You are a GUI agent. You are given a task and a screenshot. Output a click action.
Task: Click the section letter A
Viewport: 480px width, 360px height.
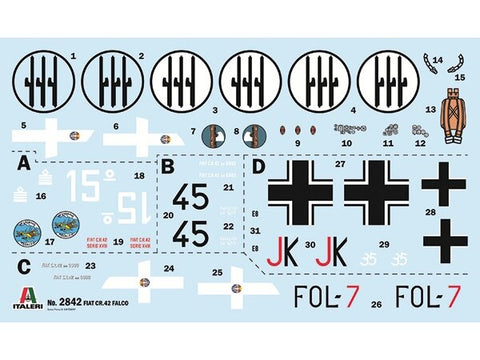23,159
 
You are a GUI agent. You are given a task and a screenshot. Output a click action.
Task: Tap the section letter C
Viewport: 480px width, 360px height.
23,266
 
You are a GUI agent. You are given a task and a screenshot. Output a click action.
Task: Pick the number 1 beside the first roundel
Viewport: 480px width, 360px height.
73,56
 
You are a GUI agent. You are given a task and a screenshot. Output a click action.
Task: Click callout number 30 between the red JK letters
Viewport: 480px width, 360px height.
310,245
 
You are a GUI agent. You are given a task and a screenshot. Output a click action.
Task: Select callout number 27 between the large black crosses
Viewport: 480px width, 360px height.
340,162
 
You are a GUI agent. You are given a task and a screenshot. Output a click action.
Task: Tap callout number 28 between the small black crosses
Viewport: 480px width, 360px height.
431,212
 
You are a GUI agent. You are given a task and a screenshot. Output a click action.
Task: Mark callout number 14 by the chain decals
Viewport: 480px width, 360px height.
427,56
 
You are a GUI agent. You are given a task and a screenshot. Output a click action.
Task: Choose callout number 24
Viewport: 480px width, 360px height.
169,267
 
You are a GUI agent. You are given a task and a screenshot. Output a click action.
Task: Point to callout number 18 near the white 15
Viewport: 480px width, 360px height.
139,176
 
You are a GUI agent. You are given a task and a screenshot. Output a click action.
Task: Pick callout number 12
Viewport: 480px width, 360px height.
421,143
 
